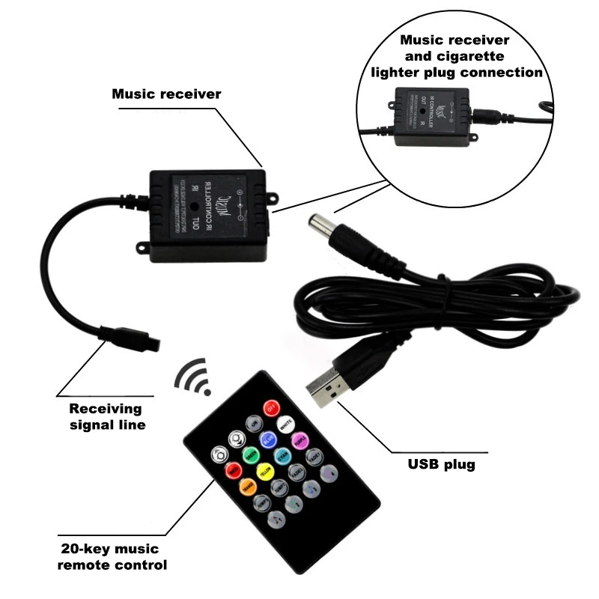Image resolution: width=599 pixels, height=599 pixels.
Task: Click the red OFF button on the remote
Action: click(x=271, y=409)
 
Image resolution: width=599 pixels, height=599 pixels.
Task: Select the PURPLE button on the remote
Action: click(x=300, y=440)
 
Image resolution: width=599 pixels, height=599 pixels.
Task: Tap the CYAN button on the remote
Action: click(x=282, y=455)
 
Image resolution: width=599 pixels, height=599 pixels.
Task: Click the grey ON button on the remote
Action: click(x=254, y=424)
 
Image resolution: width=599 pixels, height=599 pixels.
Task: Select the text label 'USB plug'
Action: click(x=442, y=464)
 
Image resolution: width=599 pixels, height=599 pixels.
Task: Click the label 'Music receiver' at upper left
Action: click(x=166, y=94)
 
